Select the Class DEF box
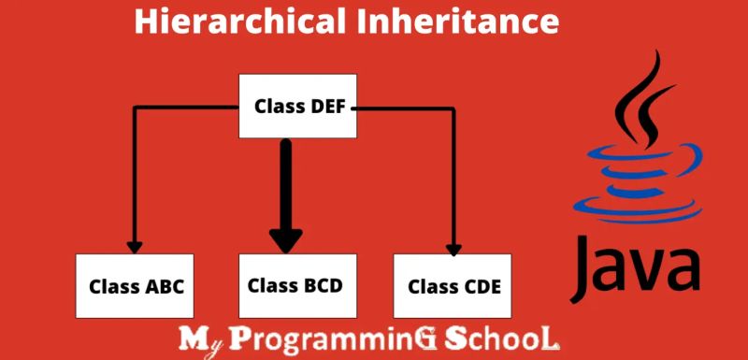(300, 106)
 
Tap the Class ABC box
(136, 285)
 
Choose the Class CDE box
(453, 285)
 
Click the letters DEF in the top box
(327, 106)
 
